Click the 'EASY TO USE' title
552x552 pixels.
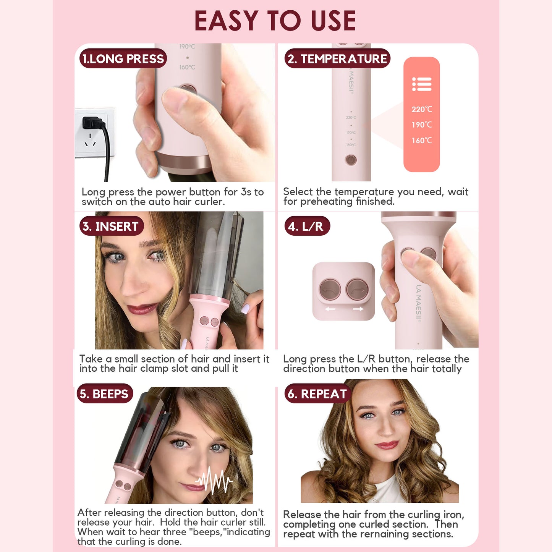tap(275, 21)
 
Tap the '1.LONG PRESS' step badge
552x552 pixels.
tap(123, 58)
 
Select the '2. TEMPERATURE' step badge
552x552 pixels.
tap(337, 58)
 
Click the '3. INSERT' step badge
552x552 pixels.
tap(111, 226)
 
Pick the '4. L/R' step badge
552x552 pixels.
tap(306, 226)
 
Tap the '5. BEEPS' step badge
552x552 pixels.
tap(105, 394)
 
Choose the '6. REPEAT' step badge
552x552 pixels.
tap(317, 394)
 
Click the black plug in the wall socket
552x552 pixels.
tap(93, 123)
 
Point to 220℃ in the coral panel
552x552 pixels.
tap(421, 109)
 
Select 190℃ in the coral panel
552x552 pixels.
tap(421, 125)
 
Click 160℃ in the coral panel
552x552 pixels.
tap(421, 141)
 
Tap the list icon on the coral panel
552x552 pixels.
tap(422, 84)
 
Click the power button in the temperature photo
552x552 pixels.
tap(351, 160)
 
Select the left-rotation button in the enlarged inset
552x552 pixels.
tap(330, 290)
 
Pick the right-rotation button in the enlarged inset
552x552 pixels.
tap(357, 290)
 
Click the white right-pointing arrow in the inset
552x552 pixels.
tap(358, 309)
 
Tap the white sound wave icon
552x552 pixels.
tap(214, 481)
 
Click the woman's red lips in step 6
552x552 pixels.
tap(387, 445)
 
